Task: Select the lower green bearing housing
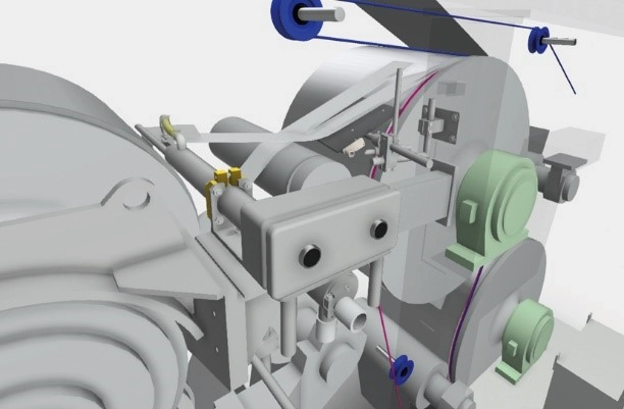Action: pos(527,336)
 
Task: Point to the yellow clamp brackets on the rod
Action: pos(226,181)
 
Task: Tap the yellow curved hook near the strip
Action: pos(168,125)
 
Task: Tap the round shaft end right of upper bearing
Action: pos(572,184)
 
